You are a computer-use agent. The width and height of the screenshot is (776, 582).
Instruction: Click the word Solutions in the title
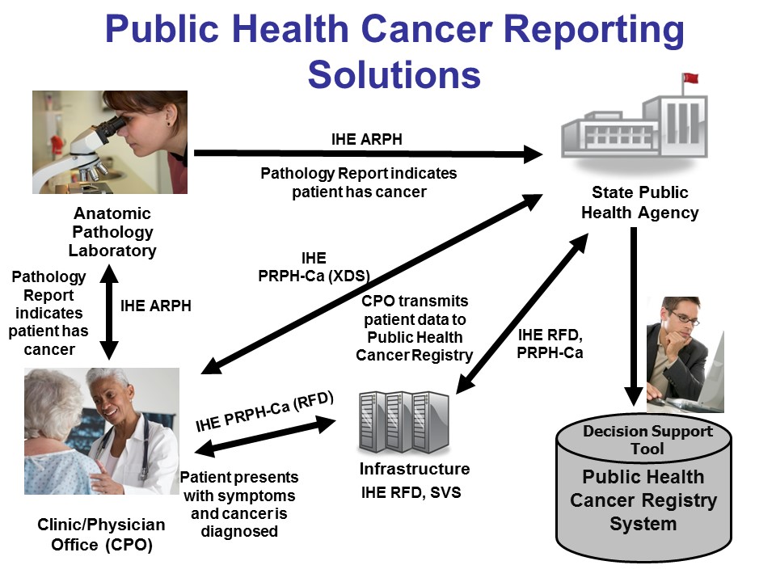[x=394, y=74]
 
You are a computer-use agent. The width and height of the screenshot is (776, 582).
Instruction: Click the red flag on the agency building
[x=690, y=79]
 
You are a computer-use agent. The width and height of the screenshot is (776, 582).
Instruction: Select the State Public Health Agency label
[x=640, y=203]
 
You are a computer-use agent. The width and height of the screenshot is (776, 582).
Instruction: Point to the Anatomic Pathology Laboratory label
[x=112, y=232]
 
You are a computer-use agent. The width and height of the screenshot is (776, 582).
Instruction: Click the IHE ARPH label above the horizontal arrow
[x=367, y=139]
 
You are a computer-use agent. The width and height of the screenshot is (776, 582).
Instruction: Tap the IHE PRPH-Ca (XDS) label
[x=314, y=267]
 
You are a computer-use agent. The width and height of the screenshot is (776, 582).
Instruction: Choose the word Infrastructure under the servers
[x=414, y=469]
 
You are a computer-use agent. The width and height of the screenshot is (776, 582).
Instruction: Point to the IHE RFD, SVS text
[x=411, y=491]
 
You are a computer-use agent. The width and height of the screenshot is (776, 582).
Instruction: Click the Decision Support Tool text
[x=647, y=439]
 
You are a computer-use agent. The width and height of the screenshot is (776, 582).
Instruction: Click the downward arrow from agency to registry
[x=634, y=315]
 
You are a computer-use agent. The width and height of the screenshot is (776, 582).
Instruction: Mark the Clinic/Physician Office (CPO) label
[x=101, y=534]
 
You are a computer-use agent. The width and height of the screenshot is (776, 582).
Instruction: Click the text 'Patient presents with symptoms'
[x=238, y=486]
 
